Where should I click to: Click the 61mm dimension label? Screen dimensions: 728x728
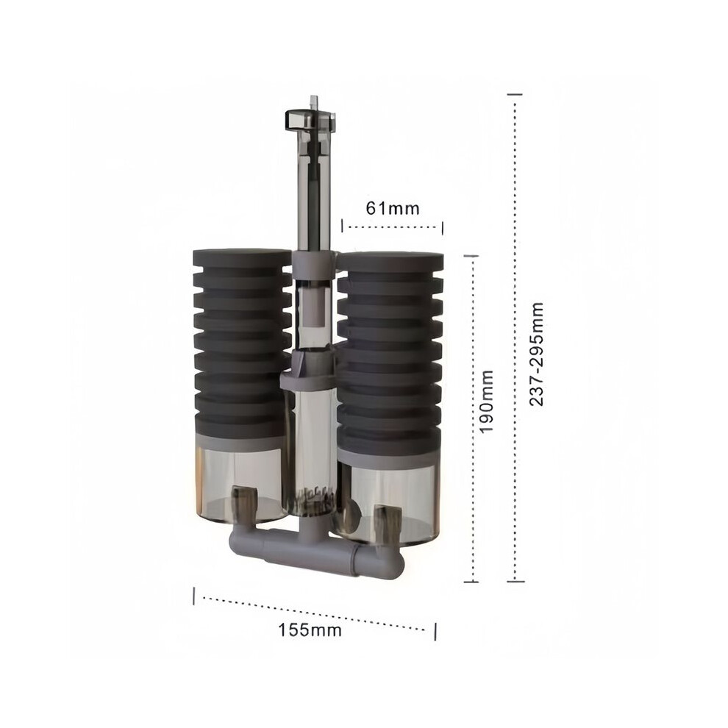[x=393, y=208]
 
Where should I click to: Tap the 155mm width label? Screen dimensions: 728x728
[x=310, y=630]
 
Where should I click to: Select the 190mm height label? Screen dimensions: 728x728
[x=486, y=402]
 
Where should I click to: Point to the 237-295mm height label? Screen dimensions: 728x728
[x=536, y=354]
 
